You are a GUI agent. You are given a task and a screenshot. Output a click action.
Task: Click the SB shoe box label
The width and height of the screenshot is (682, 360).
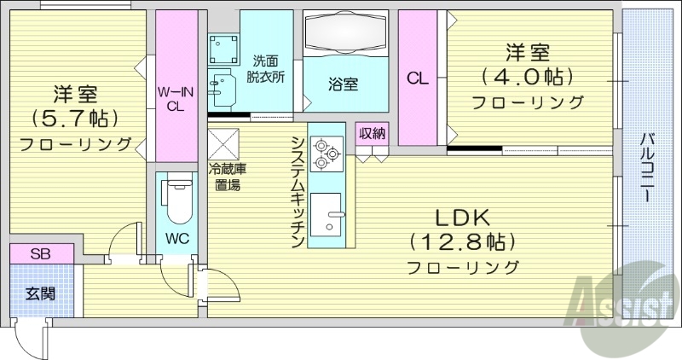point(40,254)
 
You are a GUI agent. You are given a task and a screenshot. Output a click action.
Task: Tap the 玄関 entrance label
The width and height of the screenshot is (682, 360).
point(40,294)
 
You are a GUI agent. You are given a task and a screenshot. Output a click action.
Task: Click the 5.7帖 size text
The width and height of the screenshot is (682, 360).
point(75,117)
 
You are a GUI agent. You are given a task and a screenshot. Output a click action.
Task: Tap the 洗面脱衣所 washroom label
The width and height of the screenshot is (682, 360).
point(268,68)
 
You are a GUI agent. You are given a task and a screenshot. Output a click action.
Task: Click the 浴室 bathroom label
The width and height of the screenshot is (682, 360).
point(344,84)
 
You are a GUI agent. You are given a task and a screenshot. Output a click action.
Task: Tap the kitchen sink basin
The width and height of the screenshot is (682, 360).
point(327,214)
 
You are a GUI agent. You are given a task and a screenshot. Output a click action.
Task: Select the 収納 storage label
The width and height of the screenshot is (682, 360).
point(373,133)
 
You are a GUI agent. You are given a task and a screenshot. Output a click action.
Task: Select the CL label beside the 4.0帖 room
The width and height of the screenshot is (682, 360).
point(417,78)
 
